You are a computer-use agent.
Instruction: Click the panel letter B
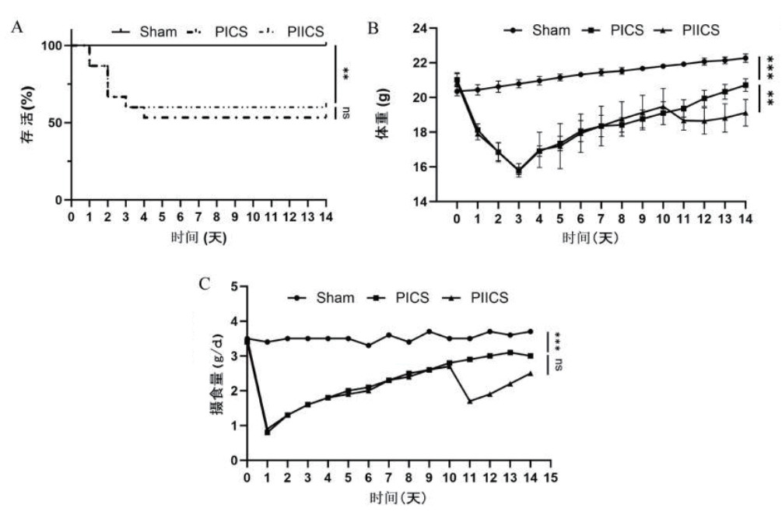[373, 29]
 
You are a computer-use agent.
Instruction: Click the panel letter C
[205, 283]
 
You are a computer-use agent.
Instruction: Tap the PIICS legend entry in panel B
[693, 30]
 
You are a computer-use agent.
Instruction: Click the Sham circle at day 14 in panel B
[745, 58]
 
